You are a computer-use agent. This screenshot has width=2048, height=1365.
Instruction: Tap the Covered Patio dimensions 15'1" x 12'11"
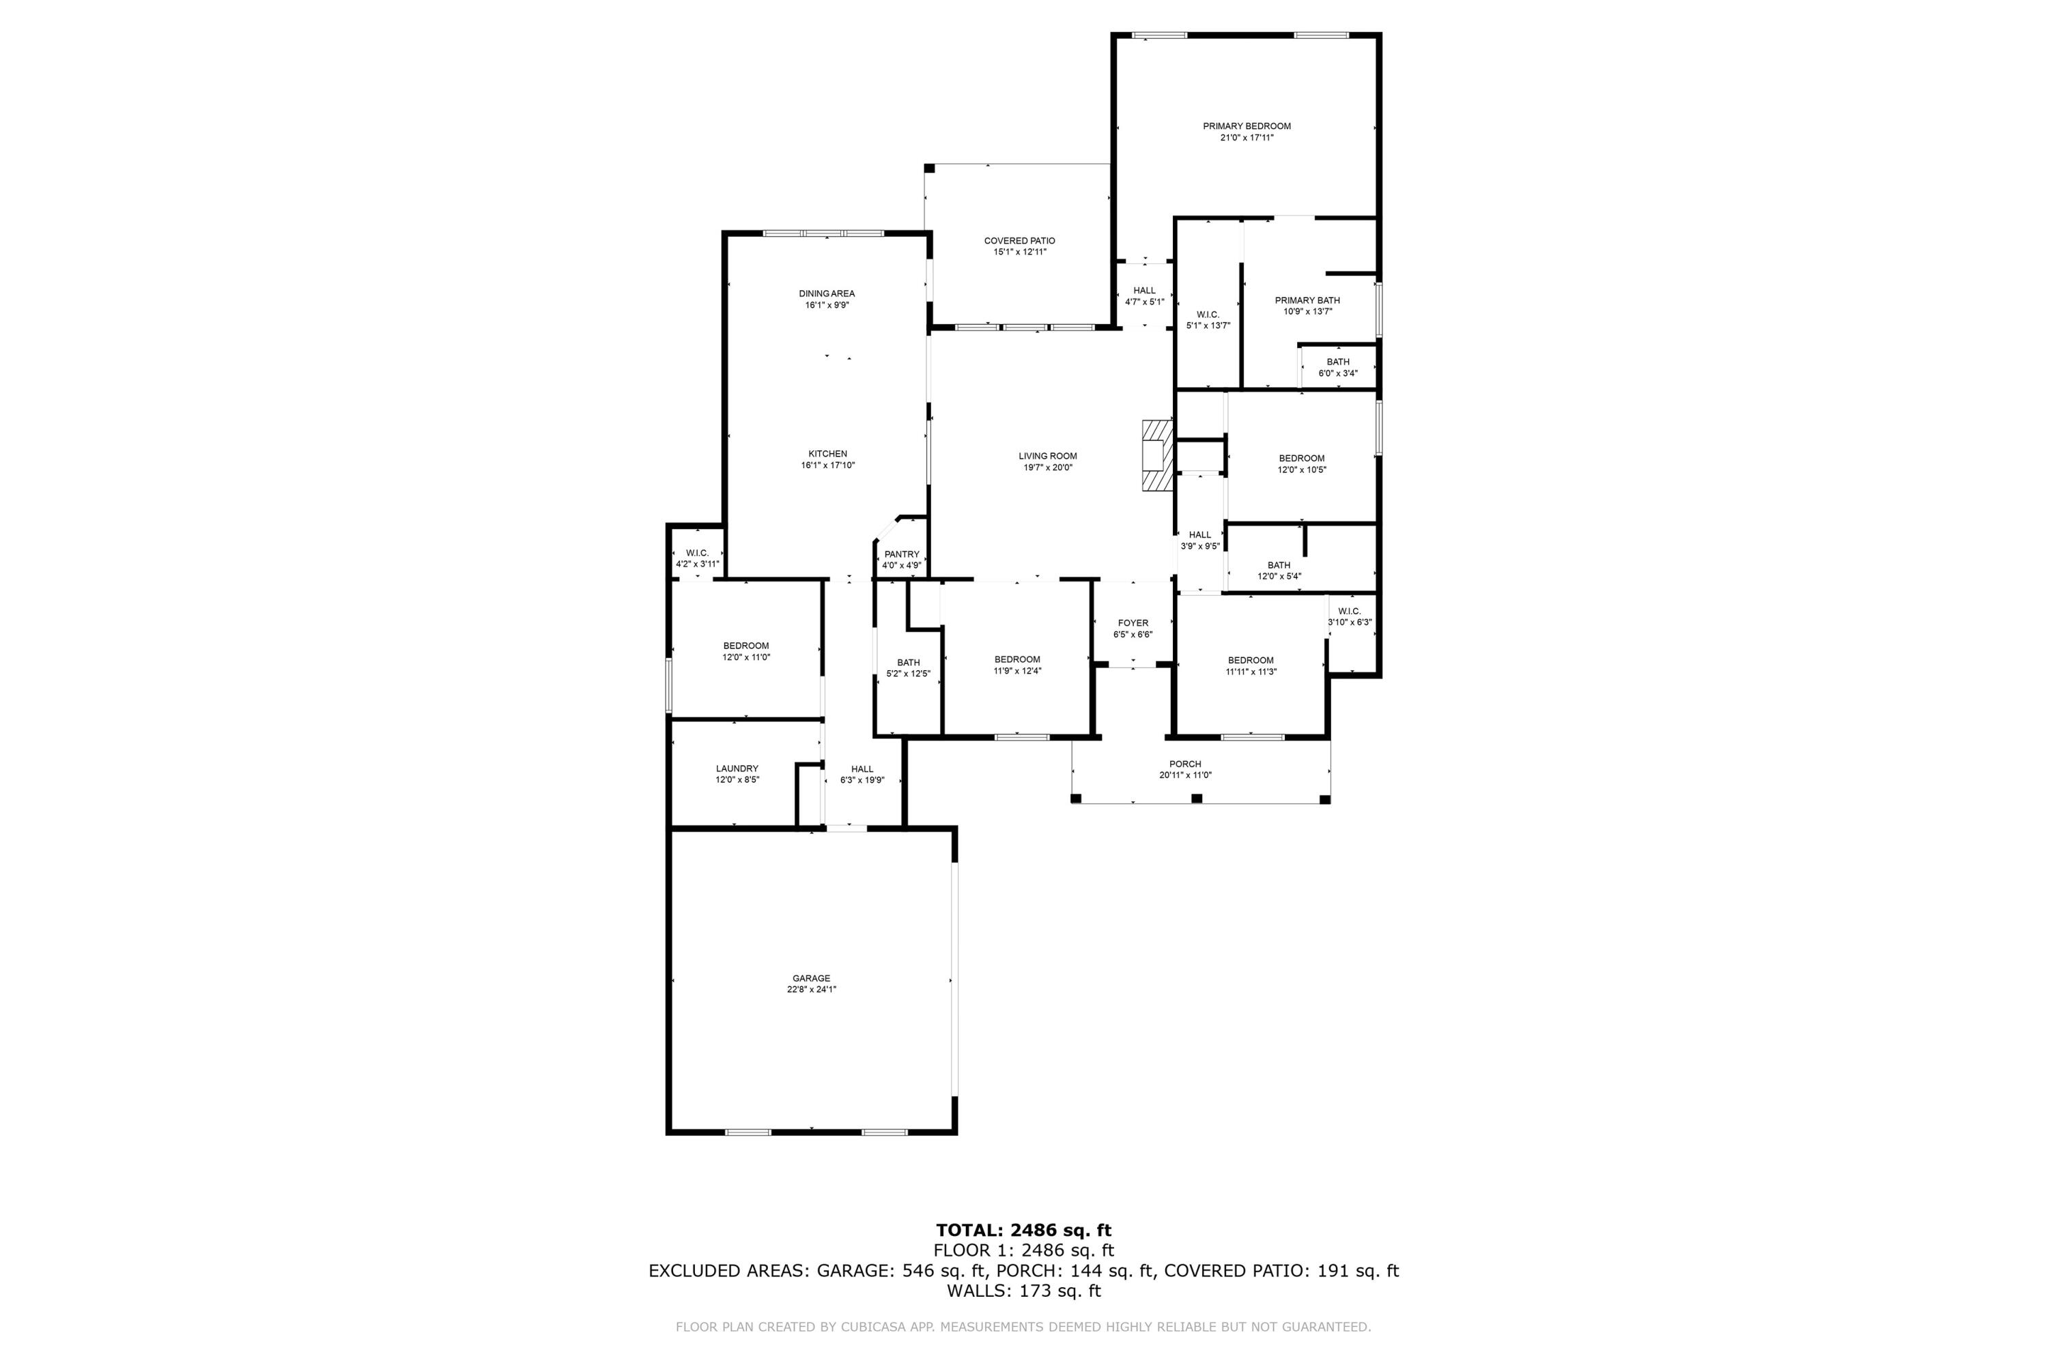[1020, 253]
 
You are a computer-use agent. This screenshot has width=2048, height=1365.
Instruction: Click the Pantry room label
[901, 554]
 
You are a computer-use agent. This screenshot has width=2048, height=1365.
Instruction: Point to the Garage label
[811, 979]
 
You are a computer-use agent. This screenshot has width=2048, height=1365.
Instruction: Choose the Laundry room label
[737, 768]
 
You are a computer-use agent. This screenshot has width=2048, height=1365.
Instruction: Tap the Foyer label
[1133, 623]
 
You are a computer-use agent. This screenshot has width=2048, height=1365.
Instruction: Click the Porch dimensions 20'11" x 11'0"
[1185, 775]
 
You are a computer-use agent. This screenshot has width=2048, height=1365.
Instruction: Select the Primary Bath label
[1307, 300]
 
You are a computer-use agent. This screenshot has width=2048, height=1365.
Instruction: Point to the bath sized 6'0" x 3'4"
[1337, 367]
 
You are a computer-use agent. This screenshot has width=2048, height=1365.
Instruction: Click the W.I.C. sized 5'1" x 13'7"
[1208, 319]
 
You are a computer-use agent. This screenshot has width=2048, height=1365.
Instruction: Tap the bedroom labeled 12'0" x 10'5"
[1301, 464]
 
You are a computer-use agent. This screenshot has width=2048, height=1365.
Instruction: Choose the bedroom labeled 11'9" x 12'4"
[1017, 665]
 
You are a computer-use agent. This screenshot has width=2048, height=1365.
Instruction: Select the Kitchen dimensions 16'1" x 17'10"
[827, 465]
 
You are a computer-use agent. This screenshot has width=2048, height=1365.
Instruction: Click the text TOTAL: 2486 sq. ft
[1023, 1230]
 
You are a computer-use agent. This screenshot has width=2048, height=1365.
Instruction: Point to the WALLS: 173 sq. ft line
[1023, 1291]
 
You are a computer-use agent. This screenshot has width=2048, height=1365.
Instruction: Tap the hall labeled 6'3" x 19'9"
[862, 774]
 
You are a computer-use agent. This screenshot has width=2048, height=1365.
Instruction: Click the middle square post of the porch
[1197, 799]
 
